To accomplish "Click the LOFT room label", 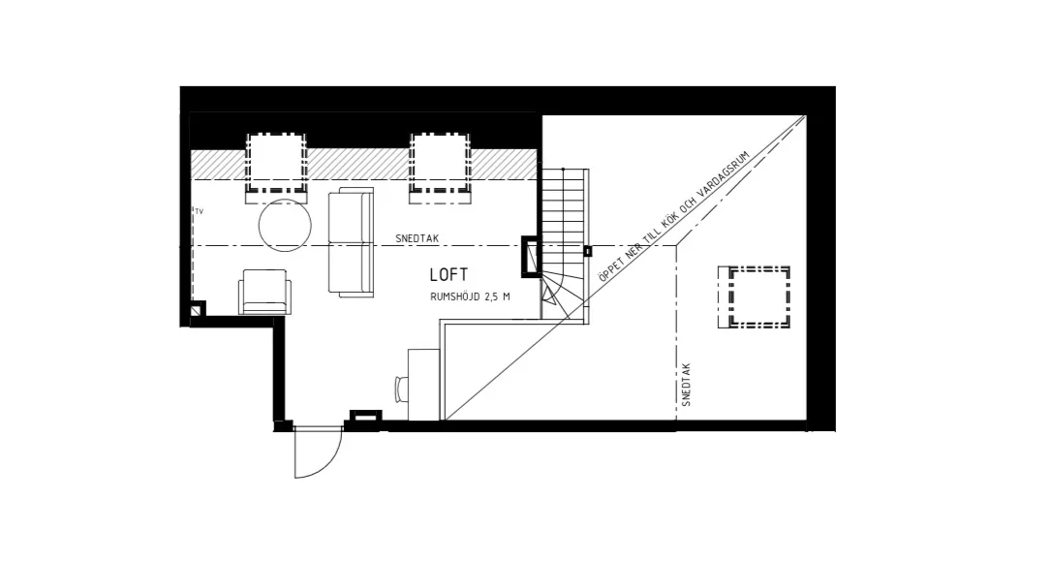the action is [x=449, y=274].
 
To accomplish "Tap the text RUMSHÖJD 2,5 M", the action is [x=470, y=297].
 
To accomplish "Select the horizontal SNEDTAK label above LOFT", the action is [x=418, y=238].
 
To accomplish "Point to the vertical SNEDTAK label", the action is [x=686, y=385].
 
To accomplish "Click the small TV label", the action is [x=199, y=211].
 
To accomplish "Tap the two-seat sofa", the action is [x=351, y=242].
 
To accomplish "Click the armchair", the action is [x=265, y=292].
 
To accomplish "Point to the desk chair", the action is [x=402, y=389].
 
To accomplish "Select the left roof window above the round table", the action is [x=277, y=168].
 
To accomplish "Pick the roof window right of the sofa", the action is [x=441, y=168].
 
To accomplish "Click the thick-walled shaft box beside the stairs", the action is [x=531, y=256].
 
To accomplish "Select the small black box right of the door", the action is [x=367, y=417].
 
